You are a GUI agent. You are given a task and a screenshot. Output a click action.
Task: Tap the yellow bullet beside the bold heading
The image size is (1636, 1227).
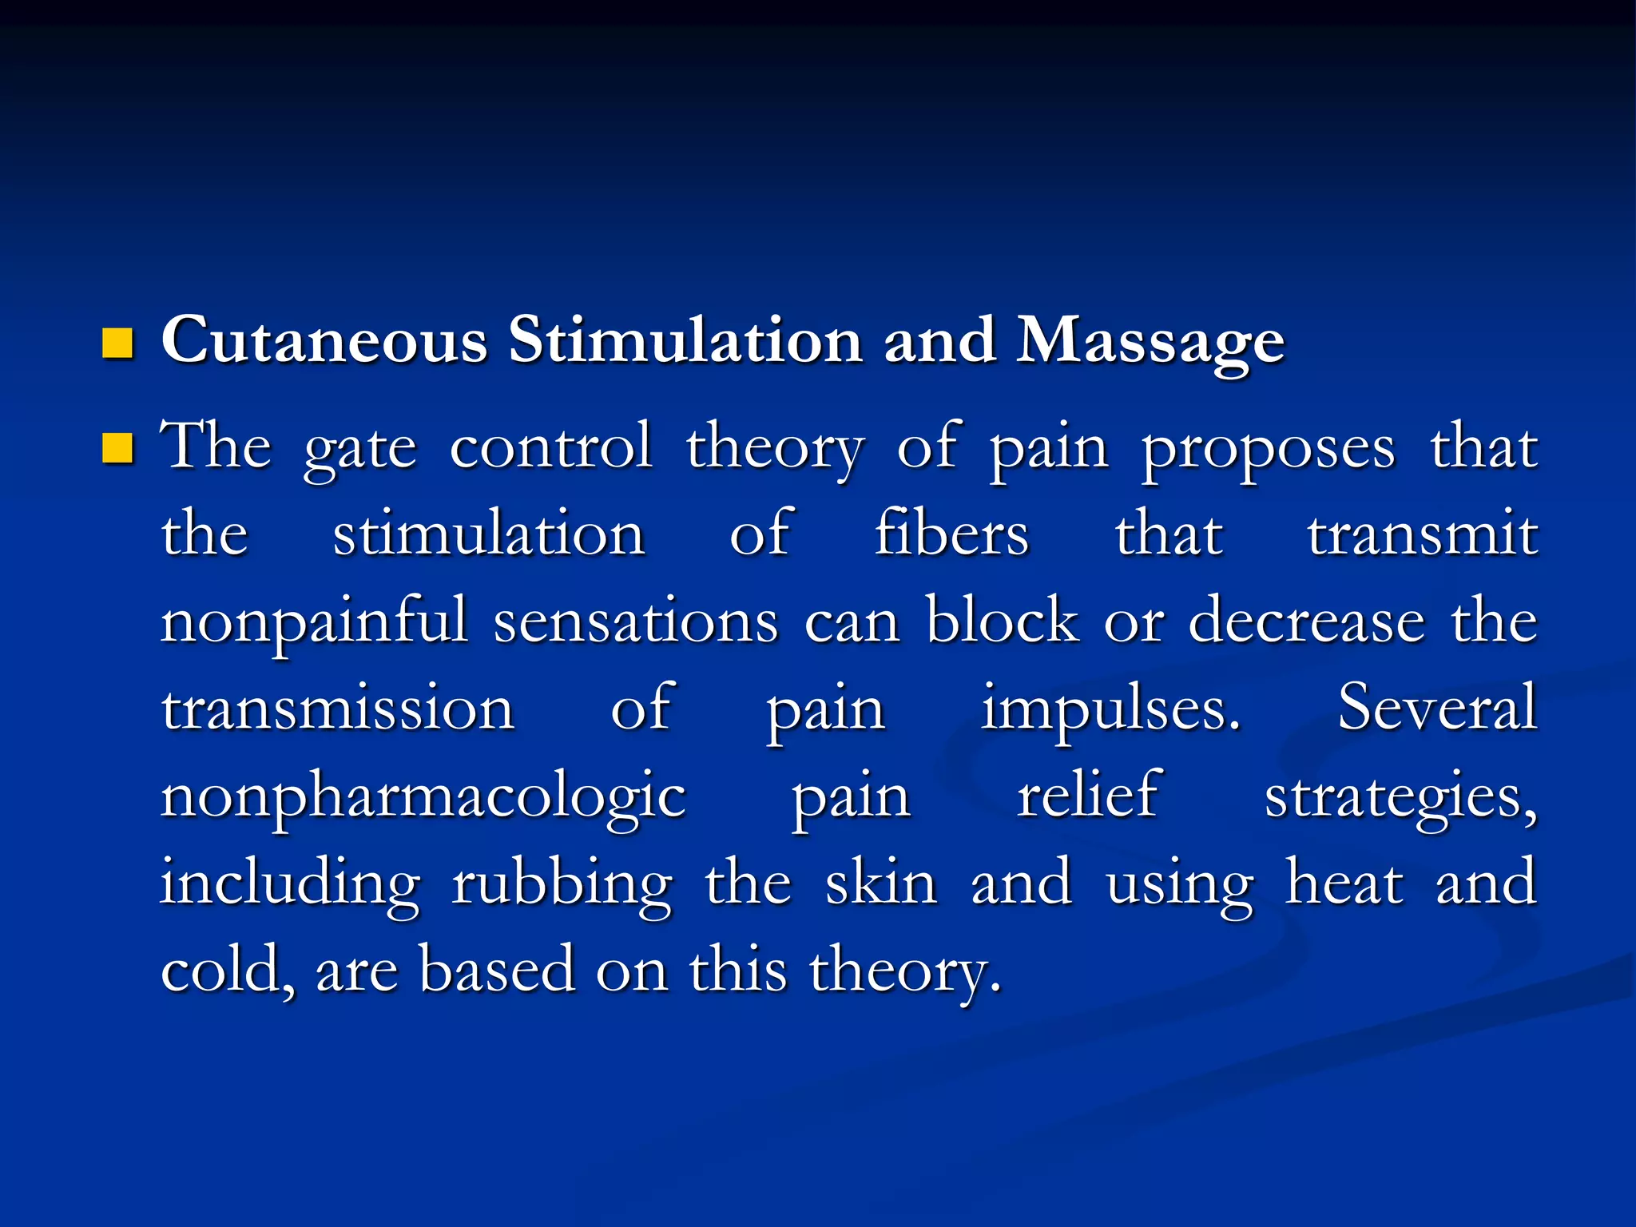[x=117, y=343]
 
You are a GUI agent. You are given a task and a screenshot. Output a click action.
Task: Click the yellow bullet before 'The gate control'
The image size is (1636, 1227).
[x=117, y=448]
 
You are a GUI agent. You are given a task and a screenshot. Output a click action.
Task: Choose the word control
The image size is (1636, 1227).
[x=551, y=447]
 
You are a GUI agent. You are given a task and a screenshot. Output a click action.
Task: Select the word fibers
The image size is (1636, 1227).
[x=951, y=534]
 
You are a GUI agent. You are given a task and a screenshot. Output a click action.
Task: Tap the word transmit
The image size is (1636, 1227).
[x=1422, y=534]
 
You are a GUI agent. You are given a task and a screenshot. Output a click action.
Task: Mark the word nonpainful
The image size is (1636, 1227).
[x=314, y=621]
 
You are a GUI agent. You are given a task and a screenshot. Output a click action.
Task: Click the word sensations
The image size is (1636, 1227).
[x=636, y=621]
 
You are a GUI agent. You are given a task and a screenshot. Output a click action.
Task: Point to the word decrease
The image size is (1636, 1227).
[x=1307, y=621]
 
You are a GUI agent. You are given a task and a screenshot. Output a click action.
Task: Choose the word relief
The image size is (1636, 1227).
[x=1088, y=795]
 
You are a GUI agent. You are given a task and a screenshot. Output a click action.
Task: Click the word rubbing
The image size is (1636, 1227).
[x=562, y=884]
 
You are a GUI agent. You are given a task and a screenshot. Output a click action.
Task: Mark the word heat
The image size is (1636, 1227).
[x=1344, y=883]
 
